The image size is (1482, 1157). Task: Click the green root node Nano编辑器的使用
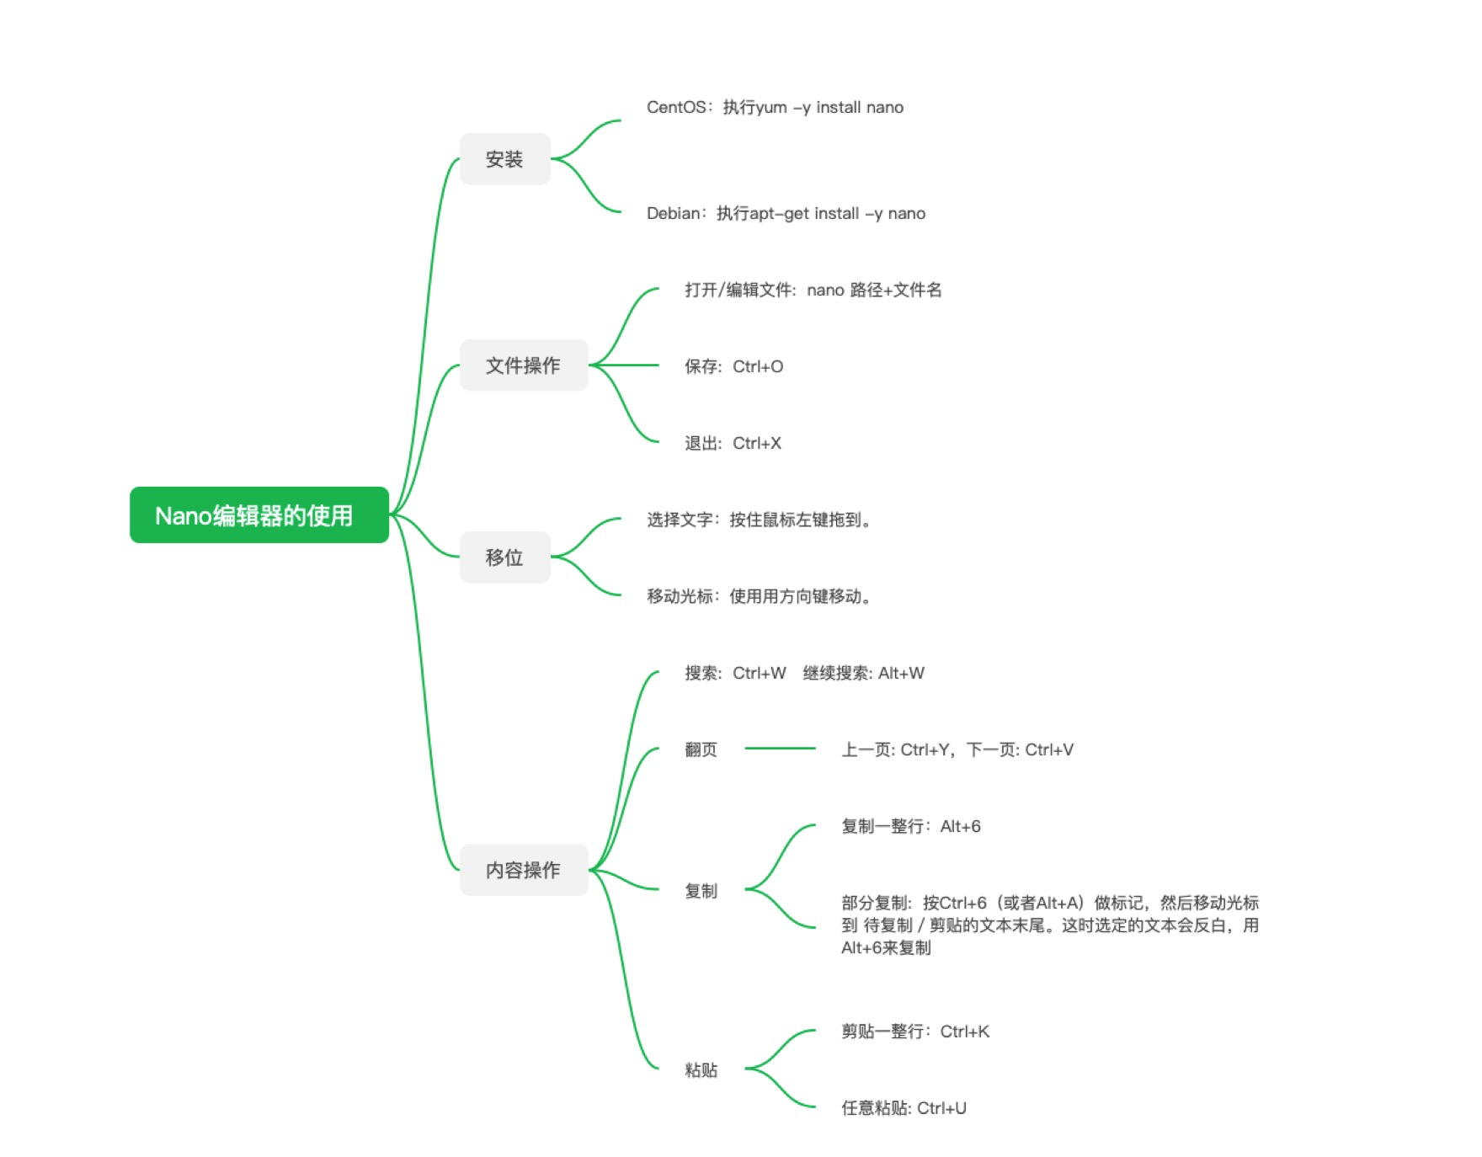click(x=259, y=515)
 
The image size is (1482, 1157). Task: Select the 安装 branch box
click(x=504, y=158)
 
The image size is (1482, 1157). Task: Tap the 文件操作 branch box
click(x=523, y=365)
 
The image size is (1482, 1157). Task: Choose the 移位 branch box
click(x=504, y=557)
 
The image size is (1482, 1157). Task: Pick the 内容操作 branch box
click(x=523, y=869)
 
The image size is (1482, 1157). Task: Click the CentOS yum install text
click(x=775, y=107)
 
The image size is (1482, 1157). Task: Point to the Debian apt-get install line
click(x=786, y=213)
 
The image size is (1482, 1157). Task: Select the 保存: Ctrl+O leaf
click(x=733, y=366)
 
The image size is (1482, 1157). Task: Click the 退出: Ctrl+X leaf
click(x=733, y=443)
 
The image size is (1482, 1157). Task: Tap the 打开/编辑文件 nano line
click(x=813, y=290)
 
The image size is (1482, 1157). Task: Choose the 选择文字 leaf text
click(x=759, y=520)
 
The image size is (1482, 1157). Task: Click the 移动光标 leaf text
click(x=759, y=596)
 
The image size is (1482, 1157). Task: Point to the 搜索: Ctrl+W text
click(x=735, y=673)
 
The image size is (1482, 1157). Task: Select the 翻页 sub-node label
click(x=701, y=749)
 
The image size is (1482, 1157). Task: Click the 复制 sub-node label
click(x=701, y=891)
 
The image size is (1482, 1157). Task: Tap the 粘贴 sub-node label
click(x=701, y=1070)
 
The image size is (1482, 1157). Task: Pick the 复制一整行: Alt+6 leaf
click(x=911, y=826)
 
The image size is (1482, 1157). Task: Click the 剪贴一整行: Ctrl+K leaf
click(x=915, y=1032)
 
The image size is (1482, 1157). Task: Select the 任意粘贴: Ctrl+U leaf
click(x=904, y=1108)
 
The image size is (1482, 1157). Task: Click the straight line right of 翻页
click(x=780, y=748)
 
